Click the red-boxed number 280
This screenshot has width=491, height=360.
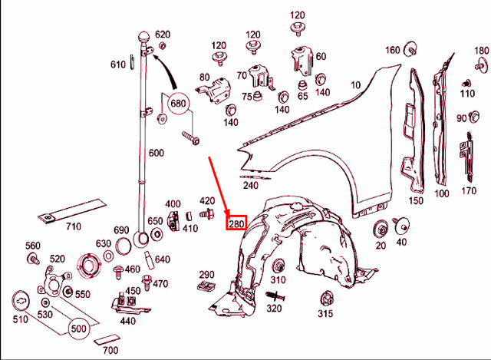click(234, 224)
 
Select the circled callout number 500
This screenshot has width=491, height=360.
click(78, 329)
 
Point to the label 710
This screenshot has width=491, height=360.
click(73, 226)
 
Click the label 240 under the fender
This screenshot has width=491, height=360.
click(251, 185)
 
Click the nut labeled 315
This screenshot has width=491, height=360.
click(326, 297)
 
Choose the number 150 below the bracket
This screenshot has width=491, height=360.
click(415, 201)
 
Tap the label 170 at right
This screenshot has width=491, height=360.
click(469, 190)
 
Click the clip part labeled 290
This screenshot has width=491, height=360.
click(205, 286)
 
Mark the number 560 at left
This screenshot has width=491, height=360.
click(32, 246)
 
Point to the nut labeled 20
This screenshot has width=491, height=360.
click(381, 230)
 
